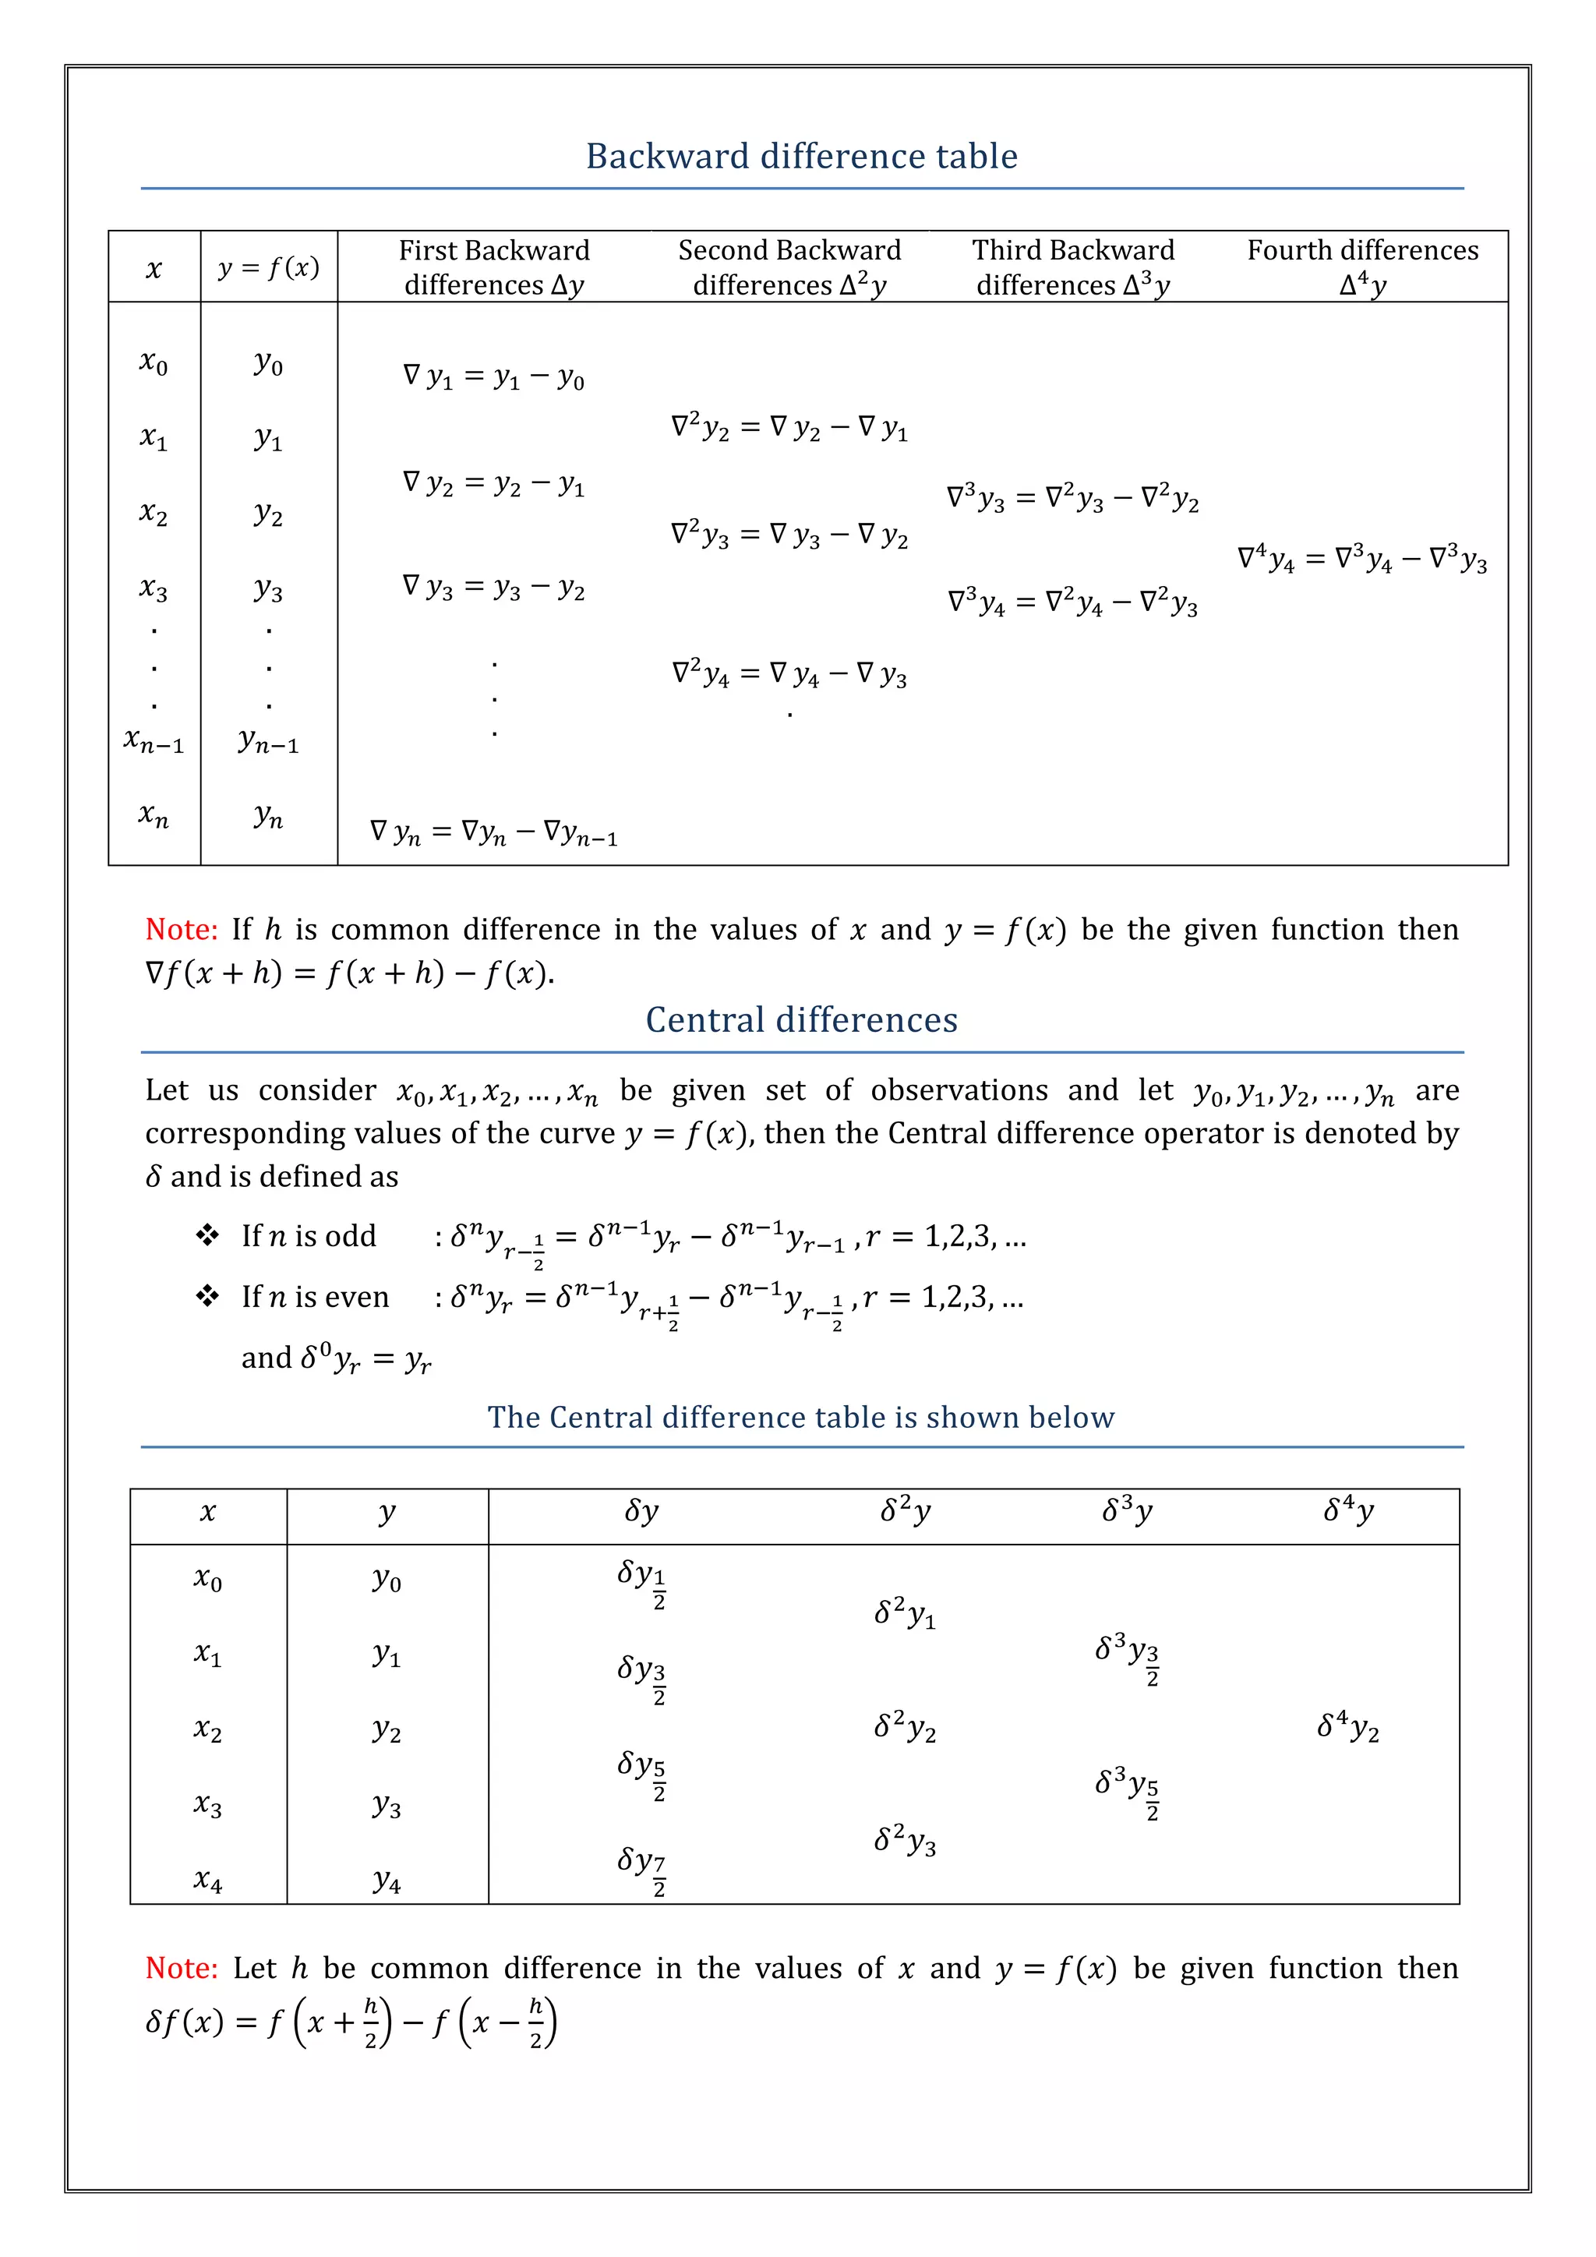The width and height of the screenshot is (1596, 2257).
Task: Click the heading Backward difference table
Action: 801,157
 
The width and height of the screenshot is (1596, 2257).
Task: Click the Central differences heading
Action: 801,1020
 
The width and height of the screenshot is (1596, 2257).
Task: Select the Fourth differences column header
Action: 1362,267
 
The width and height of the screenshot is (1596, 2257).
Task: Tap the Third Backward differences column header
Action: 1073,267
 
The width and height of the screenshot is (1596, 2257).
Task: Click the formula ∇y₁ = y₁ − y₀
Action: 493,377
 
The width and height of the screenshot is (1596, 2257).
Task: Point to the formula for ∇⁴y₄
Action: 1362,560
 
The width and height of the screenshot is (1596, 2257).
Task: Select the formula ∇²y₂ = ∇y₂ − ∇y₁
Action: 789,428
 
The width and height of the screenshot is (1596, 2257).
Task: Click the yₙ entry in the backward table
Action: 268,816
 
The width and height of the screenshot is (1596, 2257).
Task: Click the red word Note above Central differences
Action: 181,930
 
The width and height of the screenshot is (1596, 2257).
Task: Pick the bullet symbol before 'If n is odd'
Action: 207,1235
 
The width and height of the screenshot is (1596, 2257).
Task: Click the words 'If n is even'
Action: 316,1298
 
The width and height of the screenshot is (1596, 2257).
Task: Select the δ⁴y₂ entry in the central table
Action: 1347,1726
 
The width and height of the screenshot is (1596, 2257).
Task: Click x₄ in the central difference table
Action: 208,1881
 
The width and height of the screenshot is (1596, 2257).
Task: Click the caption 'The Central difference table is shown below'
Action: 801,1418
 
